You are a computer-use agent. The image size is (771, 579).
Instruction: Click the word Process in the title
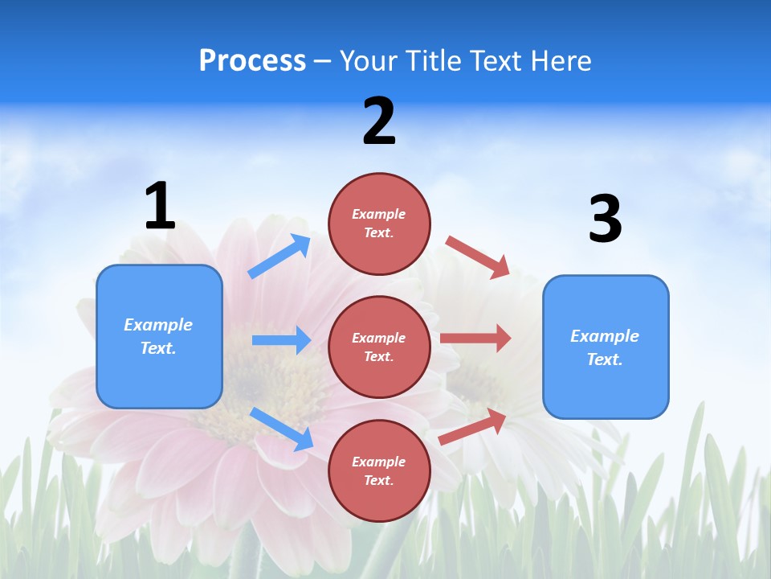click(252, 61)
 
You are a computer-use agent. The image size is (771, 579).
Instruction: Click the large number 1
click(160, 206)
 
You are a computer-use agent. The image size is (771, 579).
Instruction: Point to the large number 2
click(379, 121)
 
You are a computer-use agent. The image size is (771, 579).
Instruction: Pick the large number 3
click(605, 220)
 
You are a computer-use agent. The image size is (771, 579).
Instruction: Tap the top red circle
click(379, 223)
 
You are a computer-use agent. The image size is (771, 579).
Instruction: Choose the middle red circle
click(379, 347)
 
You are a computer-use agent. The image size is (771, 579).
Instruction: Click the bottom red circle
click(379, 470)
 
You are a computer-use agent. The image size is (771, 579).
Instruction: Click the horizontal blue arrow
click(281, 340)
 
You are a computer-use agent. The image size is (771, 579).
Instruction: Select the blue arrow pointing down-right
click(281, 428)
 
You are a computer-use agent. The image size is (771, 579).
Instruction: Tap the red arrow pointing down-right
click(478, 257)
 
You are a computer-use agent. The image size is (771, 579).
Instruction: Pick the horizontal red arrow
click(475, 339)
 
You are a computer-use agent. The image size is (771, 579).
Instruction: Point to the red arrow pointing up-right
click(472, 426)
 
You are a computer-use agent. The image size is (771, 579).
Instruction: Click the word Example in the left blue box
click(158, 325)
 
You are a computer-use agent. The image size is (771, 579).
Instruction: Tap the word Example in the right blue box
click(605, 336)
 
